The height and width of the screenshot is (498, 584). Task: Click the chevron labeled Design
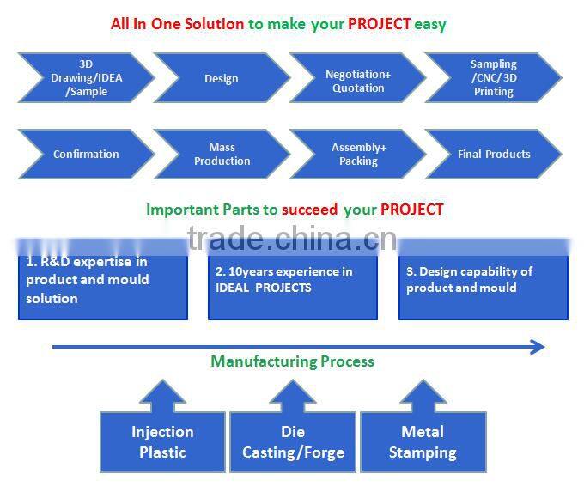click(x=222, y=78)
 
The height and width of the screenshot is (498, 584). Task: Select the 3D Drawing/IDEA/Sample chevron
click(x=86, y=78)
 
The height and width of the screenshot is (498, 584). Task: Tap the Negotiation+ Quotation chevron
click(x=357, y=78)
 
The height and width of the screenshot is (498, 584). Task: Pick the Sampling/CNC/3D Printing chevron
click(x=494, y=78)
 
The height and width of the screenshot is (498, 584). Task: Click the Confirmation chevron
click(x=86, y=154)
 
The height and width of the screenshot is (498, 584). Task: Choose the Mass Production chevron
click(x=222, y=154)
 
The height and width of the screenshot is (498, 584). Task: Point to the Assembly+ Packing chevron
click(x=357, y=154)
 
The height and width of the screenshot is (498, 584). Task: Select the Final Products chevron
click(x=494, y=154)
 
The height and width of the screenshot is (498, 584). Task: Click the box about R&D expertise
click(x=103, y=279)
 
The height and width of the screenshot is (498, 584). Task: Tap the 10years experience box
click(x=293, y=279)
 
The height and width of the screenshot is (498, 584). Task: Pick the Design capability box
click(x=484, y=279)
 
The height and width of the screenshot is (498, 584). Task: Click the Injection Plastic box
click(x=162, y=441)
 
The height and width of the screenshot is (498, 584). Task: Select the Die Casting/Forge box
click(x=293, y=441)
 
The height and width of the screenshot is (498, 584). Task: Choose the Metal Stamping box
click(x=423, y=441)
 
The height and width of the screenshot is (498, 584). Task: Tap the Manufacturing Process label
click(x=292, y=361)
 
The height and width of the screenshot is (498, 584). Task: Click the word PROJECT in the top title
click(x=379, y=24)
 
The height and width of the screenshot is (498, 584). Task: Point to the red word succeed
click(x=309, y=210)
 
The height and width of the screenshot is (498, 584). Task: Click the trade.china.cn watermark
click(x=292, y=239)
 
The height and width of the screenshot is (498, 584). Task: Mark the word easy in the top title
click(x=430, y=25)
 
